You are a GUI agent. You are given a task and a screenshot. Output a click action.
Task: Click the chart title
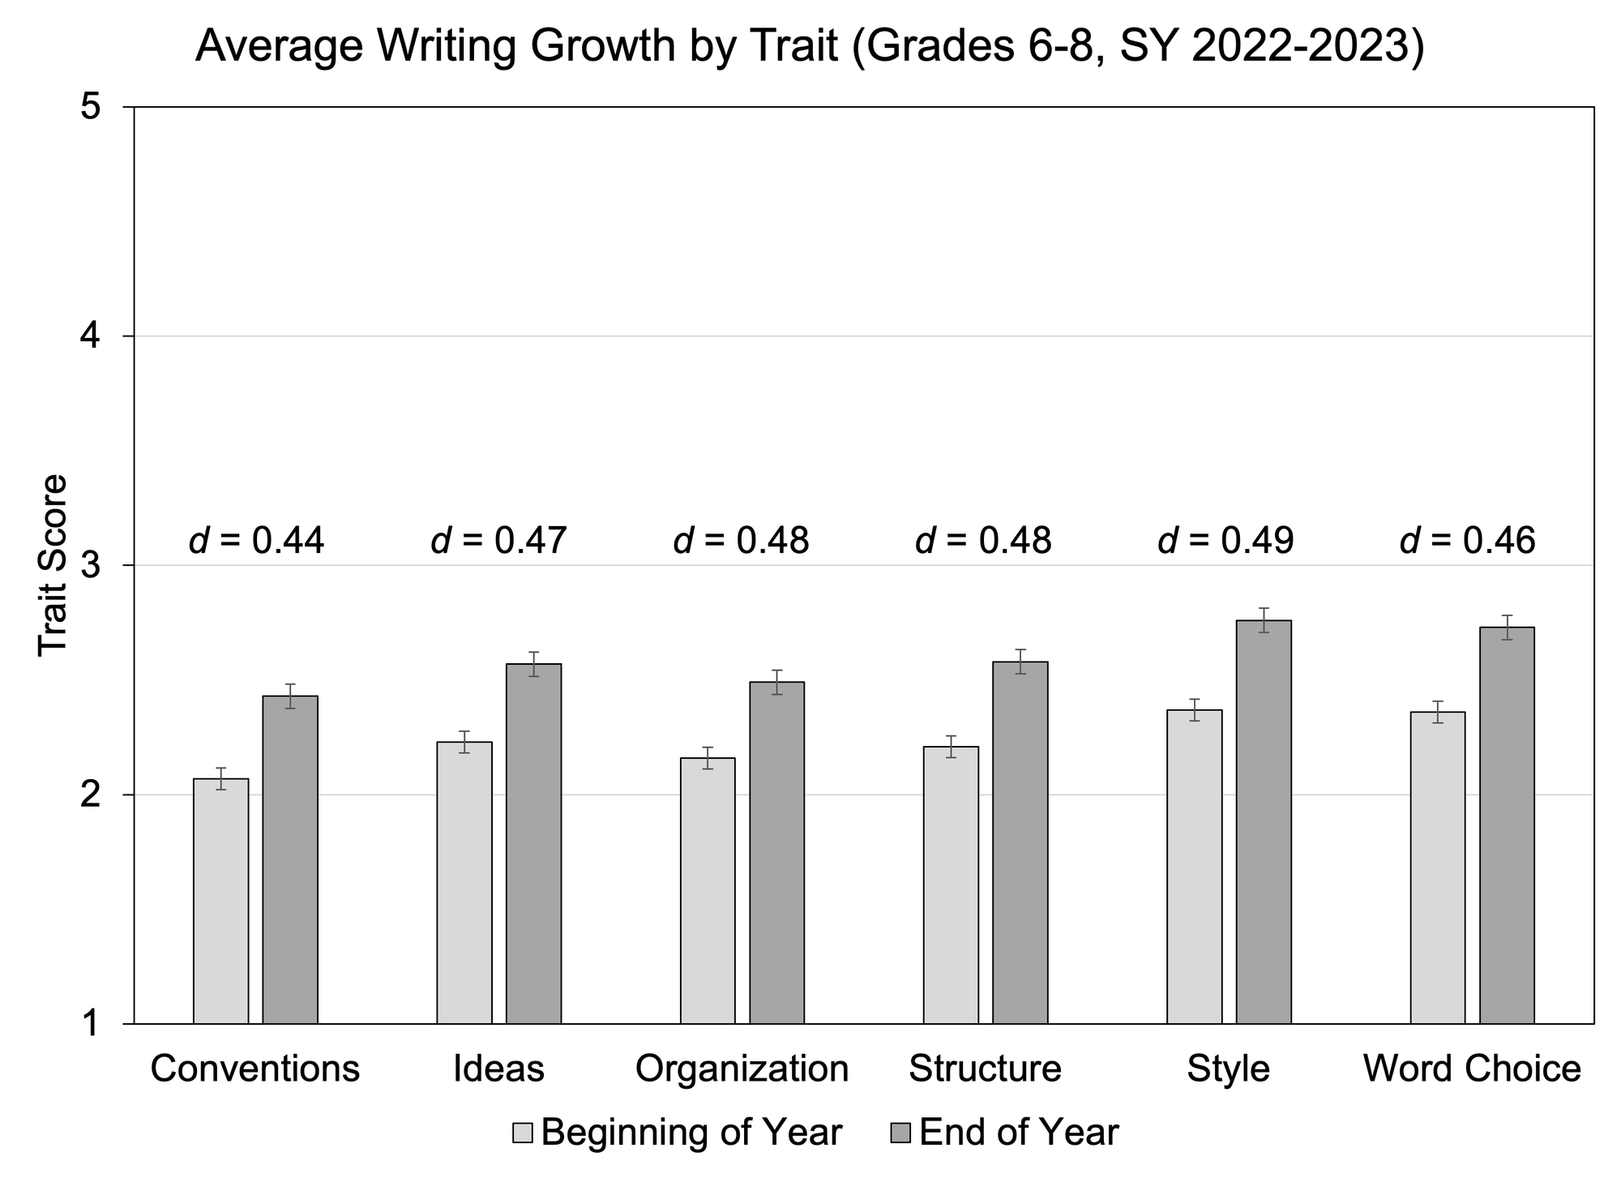coord(809,46)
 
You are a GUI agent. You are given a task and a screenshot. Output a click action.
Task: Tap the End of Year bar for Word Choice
coord(1507,825)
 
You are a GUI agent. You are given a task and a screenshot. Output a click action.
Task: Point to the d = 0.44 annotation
coord(256,540)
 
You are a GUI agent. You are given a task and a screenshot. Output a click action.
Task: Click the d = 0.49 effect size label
coord(1225,540)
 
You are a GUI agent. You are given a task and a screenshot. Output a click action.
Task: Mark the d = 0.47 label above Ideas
coord(498,540)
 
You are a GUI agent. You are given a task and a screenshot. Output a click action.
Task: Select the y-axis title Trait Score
coord(53,565)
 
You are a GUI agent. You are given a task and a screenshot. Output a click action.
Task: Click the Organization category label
coord(742,1069)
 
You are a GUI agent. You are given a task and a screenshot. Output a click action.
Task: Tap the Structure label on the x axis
coord(985,1069)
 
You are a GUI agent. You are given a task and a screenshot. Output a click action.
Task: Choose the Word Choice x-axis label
coord(1472,1069)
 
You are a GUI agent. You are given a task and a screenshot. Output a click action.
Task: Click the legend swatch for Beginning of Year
coord(523,1133)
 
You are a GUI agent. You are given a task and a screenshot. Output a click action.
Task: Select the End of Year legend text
coord(1019,1133)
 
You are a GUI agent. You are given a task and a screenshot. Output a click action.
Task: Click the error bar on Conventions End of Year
coord(290,696)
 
